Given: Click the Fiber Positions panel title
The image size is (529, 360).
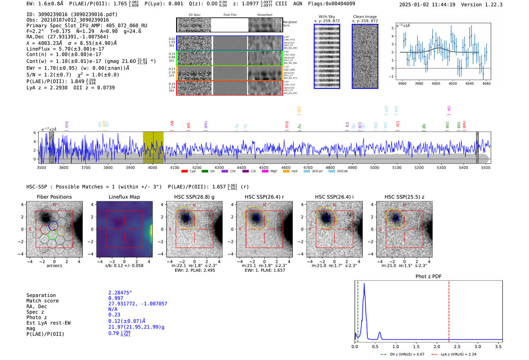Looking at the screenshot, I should click(x=54, y=197).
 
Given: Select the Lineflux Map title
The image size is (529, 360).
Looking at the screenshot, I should click(x=124, y=197).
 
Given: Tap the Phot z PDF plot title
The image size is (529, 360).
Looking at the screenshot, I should click(x=428, y=276).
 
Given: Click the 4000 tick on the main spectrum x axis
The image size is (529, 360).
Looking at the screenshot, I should click(x=153, y=167).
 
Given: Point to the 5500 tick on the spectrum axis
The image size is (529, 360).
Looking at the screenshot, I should click(x=486, y=167).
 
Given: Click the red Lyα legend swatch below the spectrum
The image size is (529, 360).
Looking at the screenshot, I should click(x=184, y=172).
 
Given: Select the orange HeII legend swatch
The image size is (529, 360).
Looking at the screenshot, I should click(x=286, y=172).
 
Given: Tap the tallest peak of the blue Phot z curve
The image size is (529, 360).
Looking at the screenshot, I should click(x=364, y=284).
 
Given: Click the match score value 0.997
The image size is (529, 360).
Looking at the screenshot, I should click(x=116, y=298).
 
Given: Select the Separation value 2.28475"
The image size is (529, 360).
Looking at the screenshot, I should click(x=120, y=293).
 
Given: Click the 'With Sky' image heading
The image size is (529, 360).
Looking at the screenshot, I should click(x=327, y=17).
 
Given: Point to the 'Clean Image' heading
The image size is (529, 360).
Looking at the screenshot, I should click(x=365, y=17).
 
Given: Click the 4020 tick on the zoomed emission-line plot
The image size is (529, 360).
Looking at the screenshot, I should click(x=453, y=83).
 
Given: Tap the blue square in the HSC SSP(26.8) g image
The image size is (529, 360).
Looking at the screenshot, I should click(x=186, y=218).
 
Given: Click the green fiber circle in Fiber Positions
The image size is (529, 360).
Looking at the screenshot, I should click(x=53, y=235).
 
